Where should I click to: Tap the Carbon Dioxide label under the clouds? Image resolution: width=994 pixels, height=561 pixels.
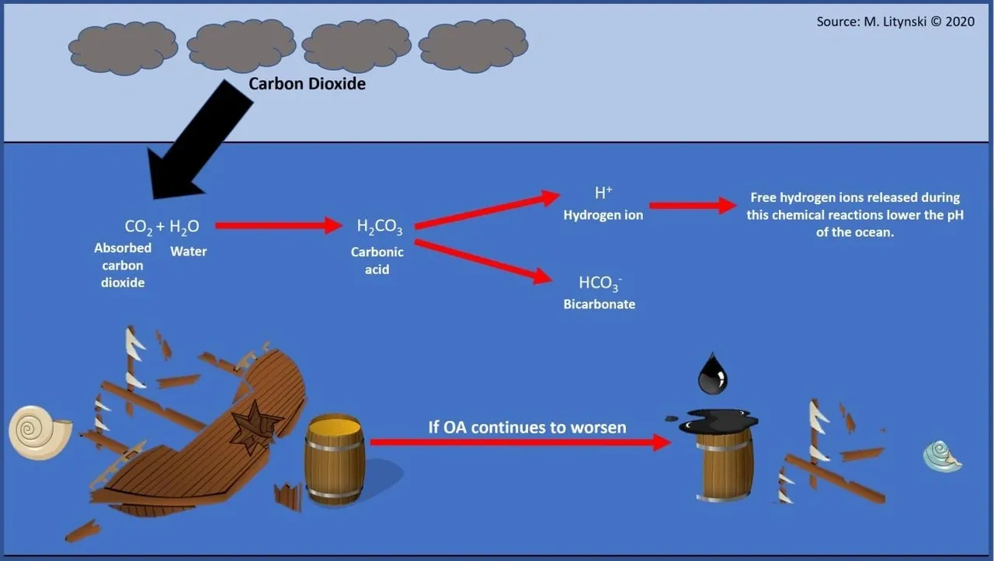pyautogui.click(x=307, y=83)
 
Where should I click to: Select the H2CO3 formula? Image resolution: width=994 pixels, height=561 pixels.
pyautogui.click(x=379, y=227)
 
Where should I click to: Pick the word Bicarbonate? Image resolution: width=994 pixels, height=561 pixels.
pyautogui.click(x=599, y=305)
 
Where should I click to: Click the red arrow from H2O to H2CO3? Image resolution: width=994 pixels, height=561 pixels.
pyautogui.click(x=278, y=225)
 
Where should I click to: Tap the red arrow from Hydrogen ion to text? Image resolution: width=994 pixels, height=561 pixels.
pyautogui.click(x=692, y=205)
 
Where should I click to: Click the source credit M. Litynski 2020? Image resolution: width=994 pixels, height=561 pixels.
pyautogui.click(x=895, y=22)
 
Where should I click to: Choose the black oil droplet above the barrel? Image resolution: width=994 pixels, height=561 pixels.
pyautogui.click(x=712, y=374)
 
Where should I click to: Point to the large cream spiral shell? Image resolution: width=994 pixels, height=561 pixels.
pyautogui.click(x=39, y=431)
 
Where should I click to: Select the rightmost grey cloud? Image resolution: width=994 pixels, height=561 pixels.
pyautogui.click(x=473, y=47)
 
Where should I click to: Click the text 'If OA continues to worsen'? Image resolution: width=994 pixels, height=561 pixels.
pyautogui.click(x=527, y=427)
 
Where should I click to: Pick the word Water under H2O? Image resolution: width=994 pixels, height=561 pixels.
pyautogui.click(x=189, y=252)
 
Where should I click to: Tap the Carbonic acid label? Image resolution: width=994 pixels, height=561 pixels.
pyautogui.click(x=377, y=260)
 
